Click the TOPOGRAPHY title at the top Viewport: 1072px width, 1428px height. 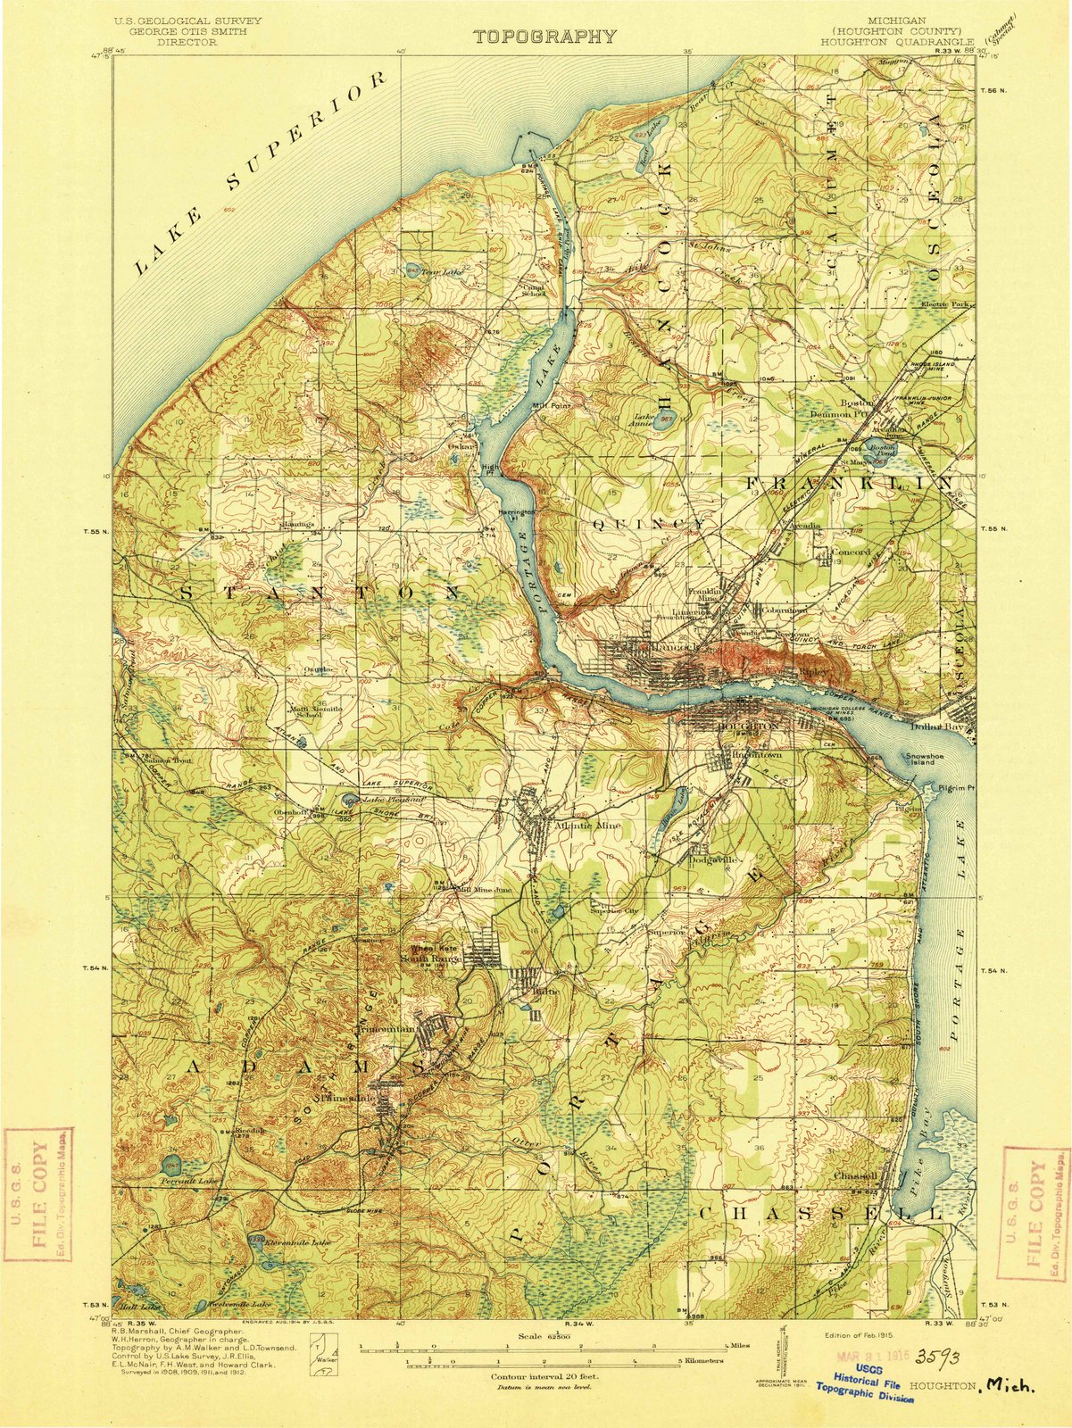[x=544, y=37]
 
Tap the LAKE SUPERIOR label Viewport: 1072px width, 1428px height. [x=265, y=173]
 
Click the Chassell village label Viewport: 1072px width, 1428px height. [x=856, y=1175]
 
